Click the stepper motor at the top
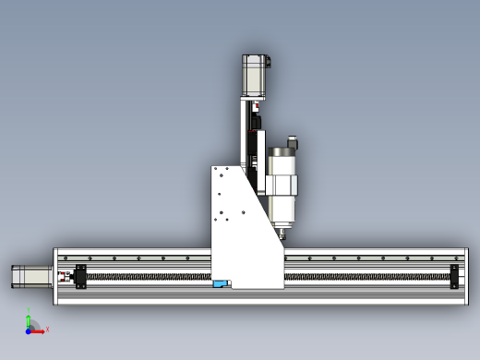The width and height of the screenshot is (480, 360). tap(255, 76)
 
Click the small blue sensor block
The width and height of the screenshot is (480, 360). tap(221, 283)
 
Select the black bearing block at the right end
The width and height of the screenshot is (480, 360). tap(453, 277)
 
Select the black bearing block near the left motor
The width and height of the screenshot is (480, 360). tap(80, 277)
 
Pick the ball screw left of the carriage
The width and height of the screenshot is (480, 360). tap(148, 276)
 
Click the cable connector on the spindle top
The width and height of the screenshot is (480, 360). tap(292, 145)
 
